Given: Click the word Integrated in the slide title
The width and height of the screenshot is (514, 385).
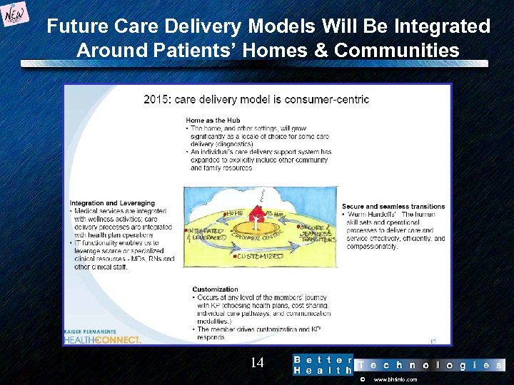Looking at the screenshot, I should (x=438, y=27).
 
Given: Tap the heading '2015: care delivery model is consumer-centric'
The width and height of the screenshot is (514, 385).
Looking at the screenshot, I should (x=256, y=99).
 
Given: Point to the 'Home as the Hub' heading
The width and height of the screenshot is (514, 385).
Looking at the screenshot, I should (x=212, y=120).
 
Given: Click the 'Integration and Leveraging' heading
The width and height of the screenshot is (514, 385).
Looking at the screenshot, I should (x=112, y=204).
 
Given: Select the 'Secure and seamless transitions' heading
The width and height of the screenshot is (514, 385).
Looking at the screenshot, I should (x=393, y=207).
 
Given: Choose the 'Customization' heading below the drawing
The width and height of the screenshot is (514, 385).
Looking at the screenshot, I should (x=215, y=289).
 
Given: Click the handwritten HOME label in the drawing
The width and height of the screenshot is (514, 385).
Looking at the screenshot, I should (x=234, y=213).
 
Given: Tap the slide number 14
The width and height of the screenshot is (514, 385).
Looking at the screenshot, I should (x=257, y=363).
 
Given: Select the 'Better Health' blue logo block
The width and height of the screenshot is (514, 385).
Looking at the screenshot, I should (x=323, y=365).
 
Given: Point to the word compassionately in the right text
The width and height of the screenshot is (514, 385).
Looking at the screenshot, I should (x=372, y=246).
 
